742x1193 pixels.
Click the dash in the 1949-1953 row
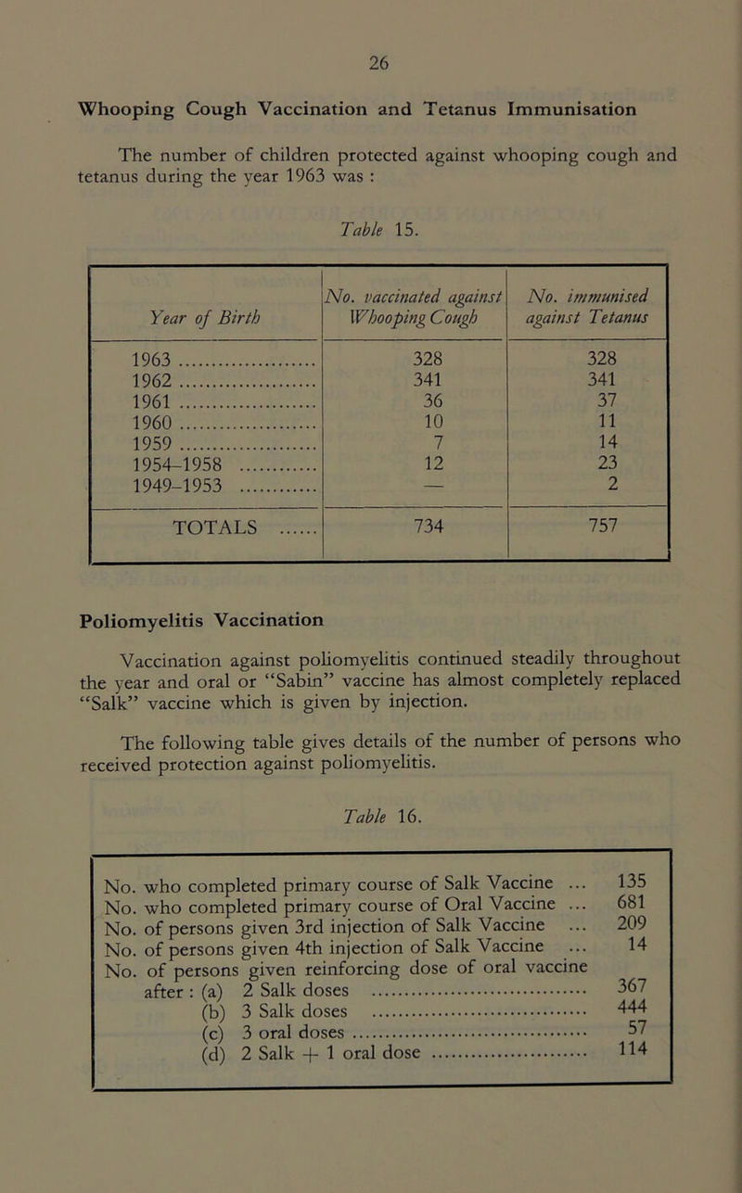pyautogui.click(x=415, y=476)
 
